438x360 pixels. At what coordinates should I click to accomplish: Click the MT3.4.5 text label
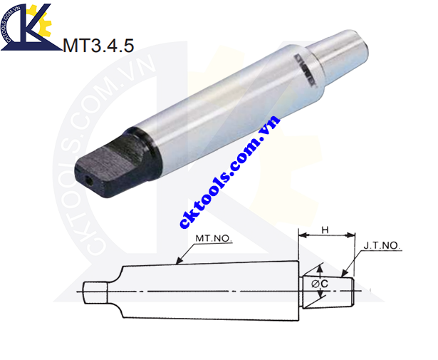(98, 46)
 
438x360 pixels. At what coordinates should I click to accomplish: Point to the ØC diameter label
(320, 284)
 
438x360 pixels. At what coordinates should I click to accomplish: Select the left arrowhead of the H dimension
(301, 236)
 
